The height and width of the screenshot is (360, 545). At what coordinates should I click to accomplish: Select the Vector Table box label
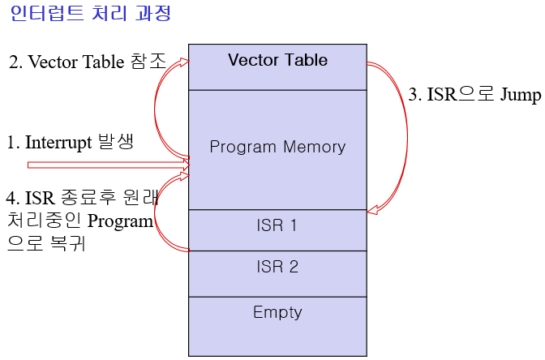coord(277,61)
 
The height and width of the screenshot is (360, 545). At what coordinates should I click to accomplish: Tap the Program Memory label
coord(277,148)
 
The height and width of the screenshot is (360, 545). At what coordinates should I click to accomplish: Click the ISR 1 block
coord(277,226)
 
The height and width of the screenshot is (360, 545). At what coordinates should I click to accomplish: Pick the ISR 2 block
coord(277,266)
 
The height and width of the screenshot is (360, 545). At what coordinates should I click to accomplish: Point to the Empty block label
coord(277,312)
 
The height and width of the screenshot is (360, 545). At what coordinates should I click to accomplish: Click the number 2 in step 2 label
coord(14,62)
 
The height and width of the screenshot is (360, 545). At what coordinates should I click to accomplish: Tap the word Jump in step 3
coord(520,96)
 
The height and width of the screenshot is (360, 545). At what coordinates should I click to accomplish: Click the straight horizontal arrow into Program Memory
coord(105,165)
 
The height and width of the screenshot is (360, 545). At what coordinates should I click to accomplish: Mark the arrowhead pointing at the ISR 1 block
coord(373,211)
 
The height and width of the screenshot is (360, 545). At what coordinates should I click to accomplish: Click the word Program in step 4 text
coord(121,221)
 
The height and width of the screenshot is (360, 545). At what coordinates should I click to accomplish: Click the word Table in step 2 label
coord(102,62)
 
